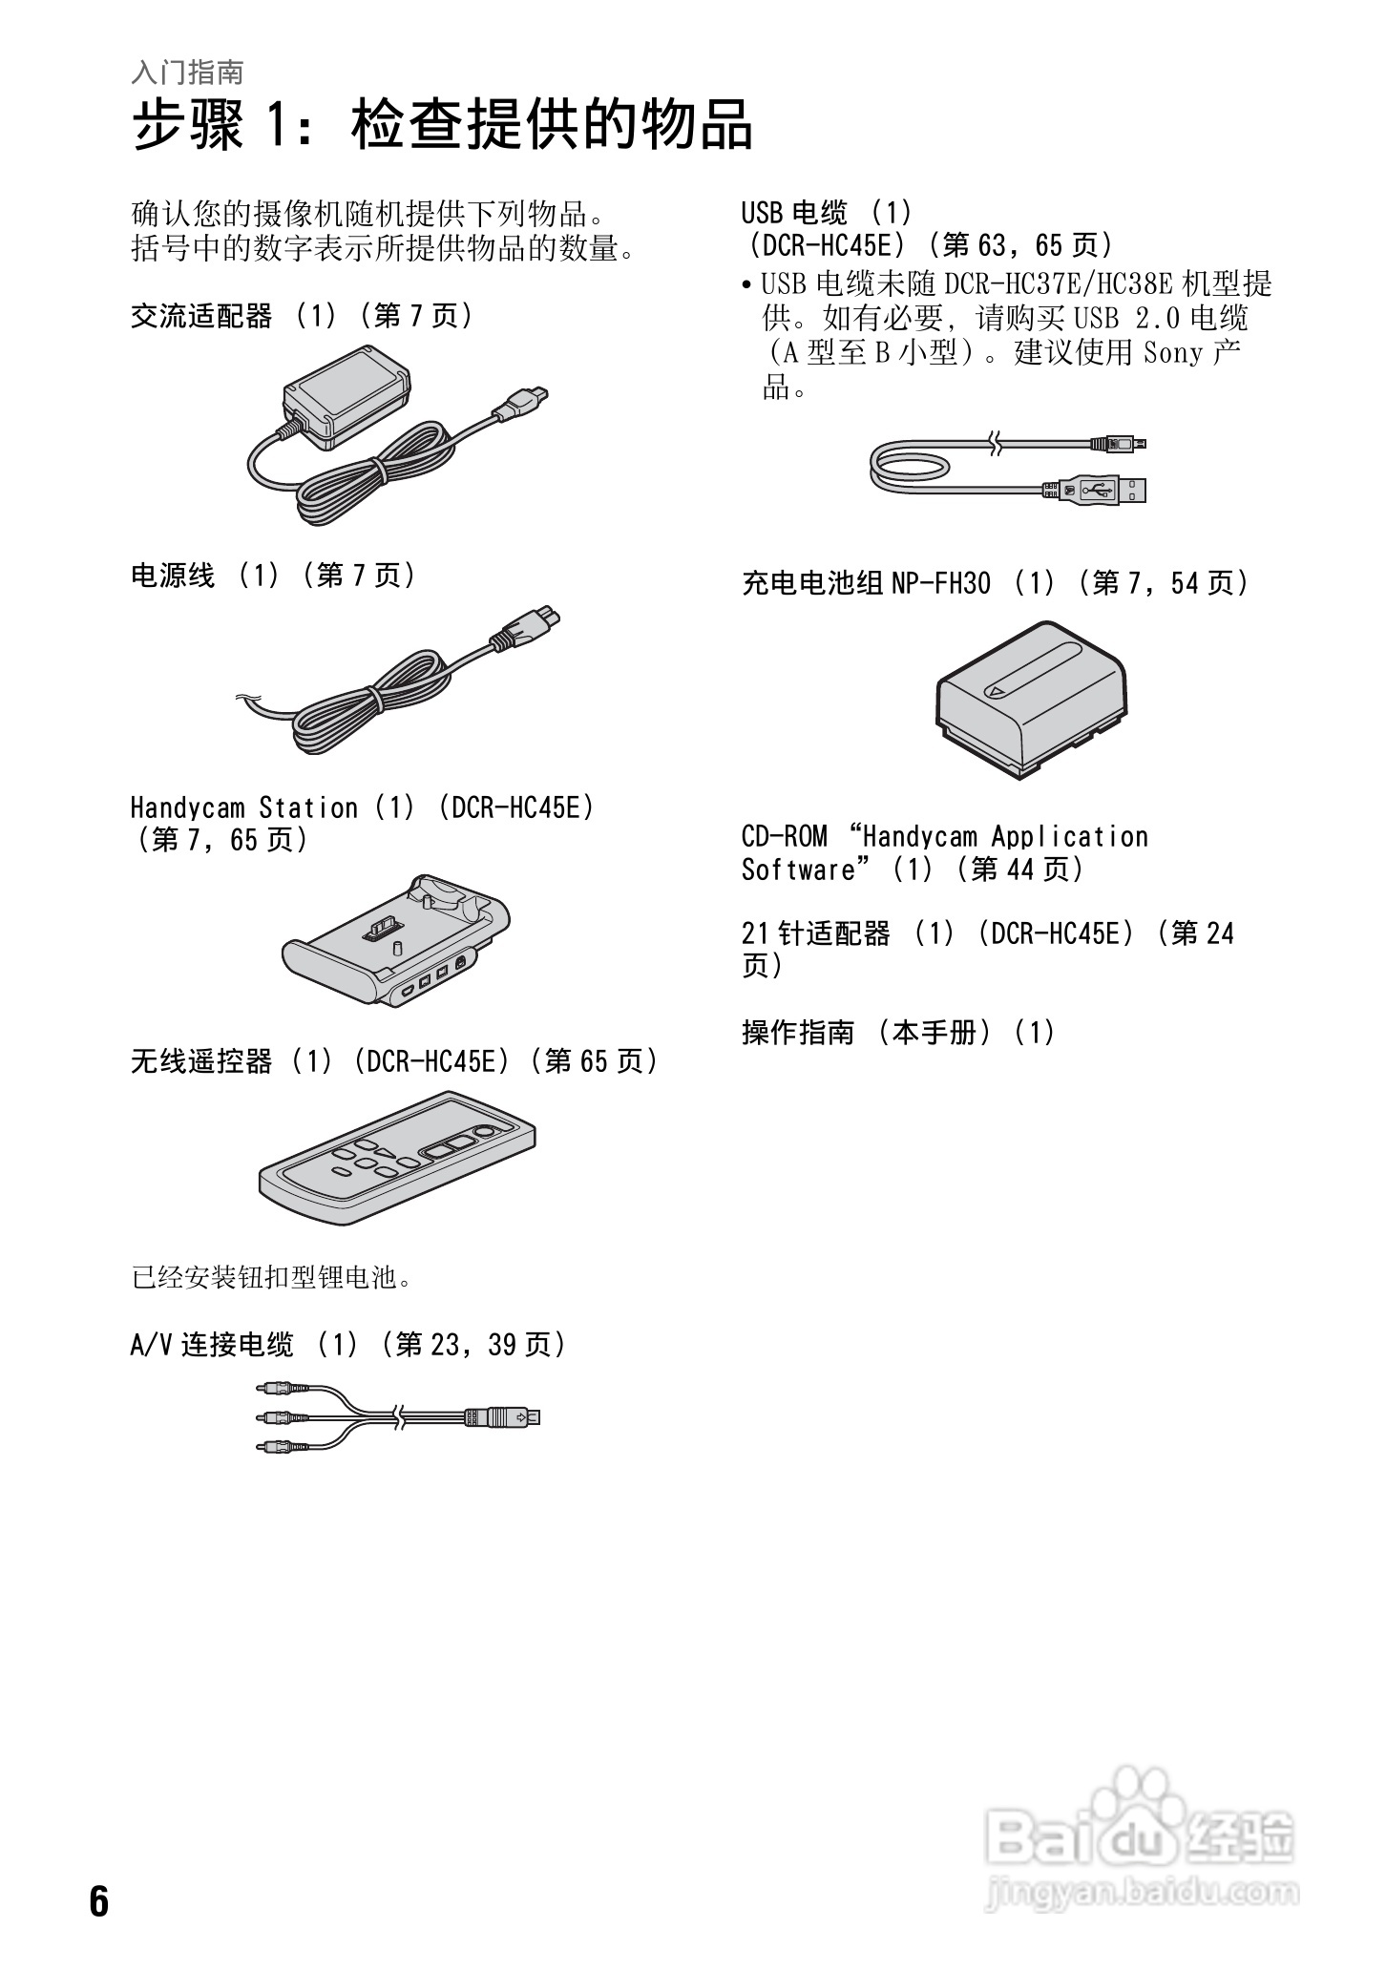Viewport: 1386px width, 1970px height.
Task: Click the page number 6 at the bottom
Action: pyautogui.click(x=99, y=1901)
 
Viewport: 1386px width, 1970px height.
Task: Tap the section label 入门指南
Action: pyautogui.click(x=187, y=72)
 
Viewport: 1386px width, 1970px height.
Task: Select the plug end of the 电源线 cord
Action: pyautogui.click(x=525, y=629)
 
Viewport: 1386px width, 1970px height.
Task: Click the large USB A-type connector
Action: pyautogui.click(x=1098, y=491)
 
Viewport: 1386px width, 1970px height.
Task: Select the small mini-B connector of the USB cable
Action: pyautogui.click(x=1121, y=443)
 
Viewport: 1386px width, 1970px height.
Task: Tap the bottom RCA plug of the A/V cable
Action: pyautogui.click(x=281, y=1447)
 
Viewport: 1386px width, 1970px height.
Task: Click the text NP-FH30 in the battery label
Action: pyautogui.click(x=940, y=583)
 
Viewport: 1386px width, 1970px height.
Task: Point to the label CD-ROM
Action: pyautogui.click(x=784, y=837)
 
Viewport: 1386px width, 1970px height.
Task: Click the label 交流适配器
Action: pyautogui.click(x=201, y=316)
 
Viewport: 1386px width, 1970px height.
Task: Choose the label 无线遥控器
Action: pyautogui.click(x=201, y=1061)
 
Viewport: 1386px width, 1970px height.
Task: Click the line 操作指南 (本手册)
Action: pyautogui.click(x=897, y=1032)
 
